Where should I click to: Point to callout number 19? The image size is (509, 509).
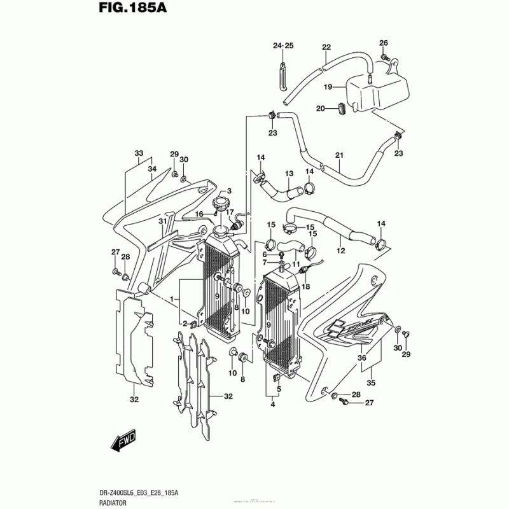328,87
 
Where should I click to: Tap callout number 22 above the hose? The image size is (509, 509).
326,47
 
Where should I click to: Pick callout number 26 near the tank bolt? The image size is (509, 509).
383,43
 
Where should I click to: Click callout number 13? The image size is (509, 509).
288,174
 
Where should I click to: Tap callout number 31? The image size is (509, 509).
162,221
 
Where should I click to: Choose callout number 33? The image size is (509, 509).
139,154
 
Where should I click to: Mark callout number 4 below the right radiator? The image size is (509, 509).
272,405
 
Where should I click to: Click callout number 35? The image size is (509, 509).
370,383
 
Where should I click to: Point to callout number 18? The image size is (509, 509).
305,287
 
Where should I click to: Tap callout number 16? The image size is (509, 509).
199,214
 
